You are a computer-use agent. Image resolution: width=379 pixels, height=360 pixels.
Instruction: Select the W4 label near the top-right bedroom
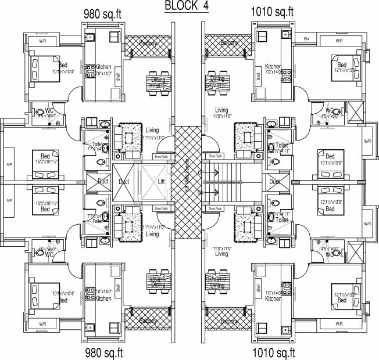tap(306, 39)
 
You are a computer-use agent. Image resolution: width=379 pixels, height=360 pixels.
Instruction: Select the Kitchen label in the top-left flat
tap(104, 67)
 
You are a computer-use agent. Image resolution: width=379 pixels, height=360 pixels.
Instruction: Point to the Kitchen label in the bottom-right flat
tap(273, 298)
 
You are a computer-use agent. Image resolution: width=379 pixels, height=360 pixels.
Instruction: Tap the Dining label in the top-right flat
tap(217, 78)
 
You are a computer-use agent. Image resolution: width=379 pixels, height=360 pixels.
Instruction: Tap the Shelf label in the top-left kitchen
tap(118, 75)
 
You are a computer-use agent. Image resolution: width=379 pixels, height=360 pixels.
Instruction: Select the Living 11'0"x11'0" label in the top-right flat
tap(221, 113)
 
